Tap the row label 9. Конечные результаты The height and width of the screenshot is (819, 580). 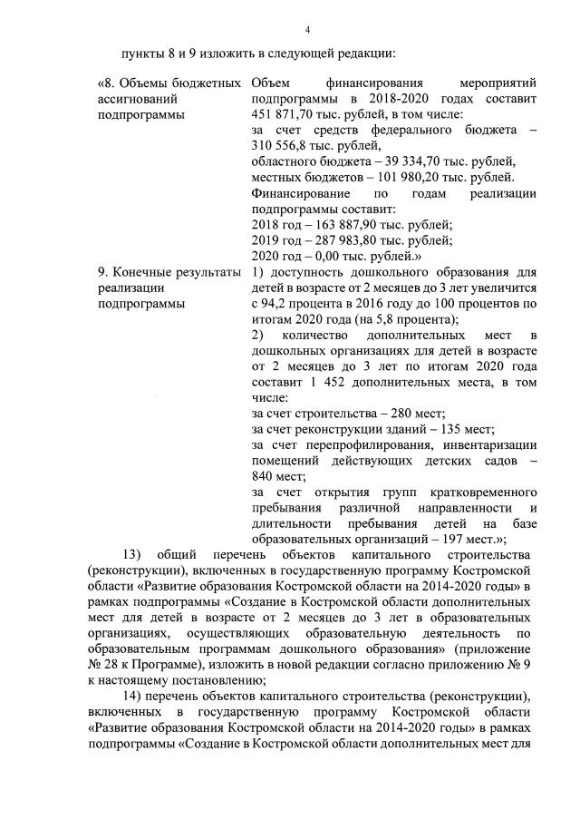coord(169,272)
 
